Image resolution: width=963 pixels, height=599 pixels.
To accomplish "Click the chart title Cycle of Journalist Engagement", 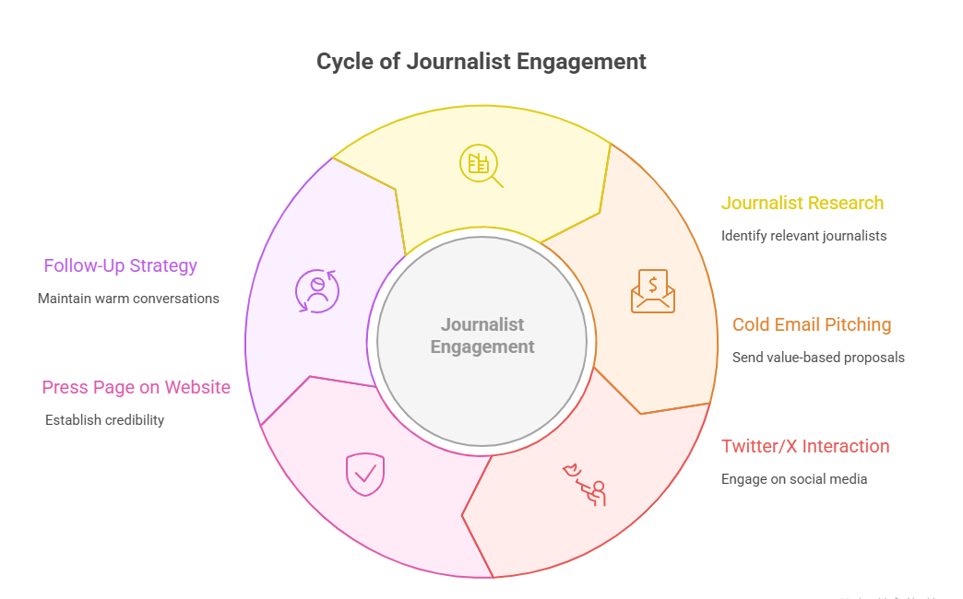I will pos(481,62).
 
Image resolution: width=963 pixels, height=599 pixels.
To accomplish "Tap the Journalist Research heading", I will pos(802,203).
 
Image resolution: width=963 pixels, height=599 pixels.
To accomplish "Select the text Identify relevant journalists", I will pos(803,236).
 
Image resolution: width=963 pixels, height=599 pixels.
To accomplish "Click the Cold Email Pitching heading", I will pos(812,324).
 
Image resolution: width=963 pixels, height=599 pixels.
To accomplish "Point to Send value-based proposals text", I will pos(818,358).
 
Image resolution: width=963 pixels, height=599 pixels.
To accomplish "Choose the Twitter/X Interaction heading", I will pos(805,446).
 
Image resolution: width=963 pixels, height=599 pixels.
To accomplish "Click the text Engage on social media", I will pos(794,479).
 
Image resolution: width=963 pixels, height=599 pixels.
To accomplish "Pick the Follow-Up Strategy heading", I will pos(121,265).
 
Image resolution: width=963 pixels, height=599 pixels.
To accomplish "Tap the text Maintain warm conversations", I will pos(128,299).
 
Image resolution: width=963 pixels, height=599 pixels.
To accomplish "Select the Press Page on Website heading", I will pos(137,387).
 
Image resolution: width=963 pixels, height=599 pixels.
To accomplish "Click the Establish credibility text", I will pos(104,420).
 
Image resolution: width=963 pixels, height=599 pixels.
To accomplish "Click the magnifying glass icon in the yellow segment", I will pos(481,166).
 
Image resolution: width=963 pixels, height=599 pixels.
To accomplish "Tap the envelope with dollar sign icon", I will pos(653,291).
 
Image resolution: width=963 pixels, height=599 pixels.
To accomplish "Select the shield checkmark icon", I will pos(364,474).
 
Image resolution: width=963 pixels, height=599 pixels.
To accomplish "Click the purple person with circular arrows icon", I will pos(317,291).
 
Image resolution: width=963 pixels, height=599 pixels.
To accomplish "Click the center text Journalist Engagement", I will pos(481,335).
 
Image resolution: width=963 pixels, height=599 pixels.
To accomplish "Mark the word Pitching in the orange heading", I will pos(857,324).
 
